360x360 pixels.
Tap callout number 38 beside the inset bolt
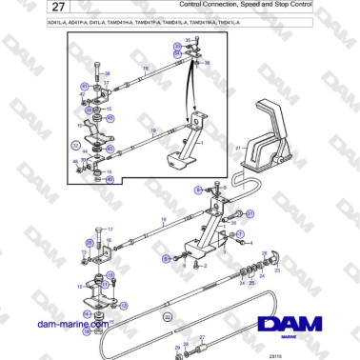[107, 73]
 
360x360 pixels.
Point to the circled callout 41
[85, 87]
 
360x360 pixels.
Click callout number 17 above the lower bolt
[110, 230]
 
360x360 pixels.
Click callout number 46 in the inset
[76, 162]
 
